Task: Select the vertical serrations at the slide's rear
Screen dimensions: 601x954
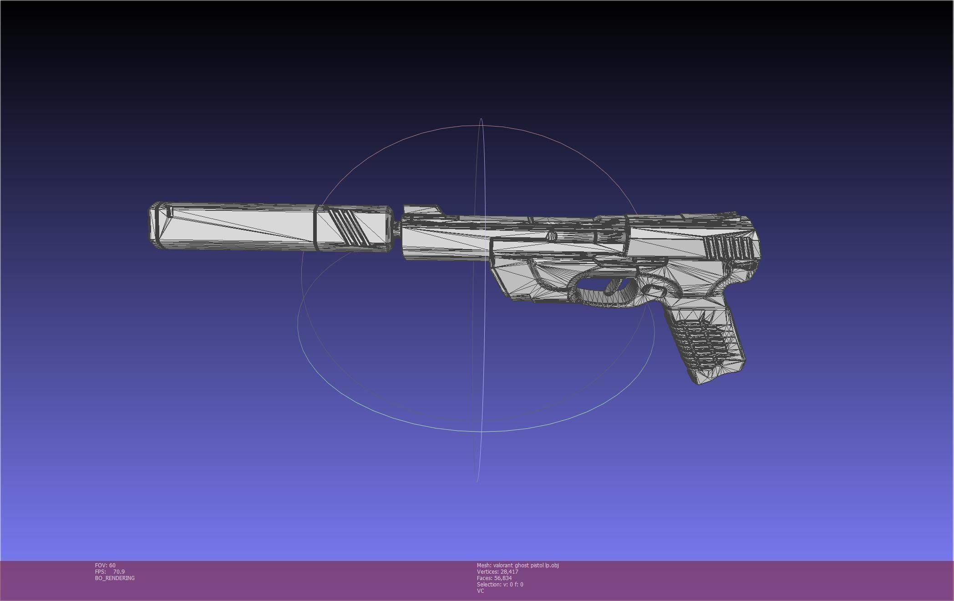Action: click(728, 249)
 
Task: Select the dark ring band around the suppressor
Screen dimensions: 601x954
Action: click(316, 227)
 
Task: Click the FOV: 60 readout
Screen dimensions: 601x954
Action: click(105, 565)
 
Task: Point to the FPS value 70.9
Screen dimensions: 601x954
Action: click(119, 572)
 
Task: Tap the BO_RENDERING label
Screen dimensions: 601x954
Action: click(115, 578)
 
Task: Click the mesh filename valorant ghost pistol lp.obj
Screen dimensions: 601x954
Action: click(526, 565)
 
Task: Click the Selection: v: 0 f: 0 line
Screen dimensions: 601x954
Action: click(500, 585)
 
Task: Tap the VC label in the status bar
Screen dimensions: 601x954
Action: click(480, 591)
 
